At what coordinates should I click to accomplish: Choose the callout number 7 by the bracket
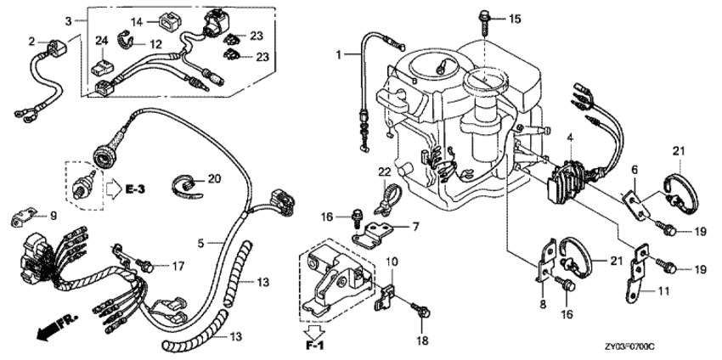pos(416,228)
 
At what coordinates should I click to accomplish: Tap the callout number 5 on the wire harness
pos(200,243)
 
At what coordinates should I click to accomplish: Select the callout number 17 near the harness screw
pos(178,266)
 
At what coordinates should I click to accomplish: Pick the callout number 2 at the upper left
pos(31,41)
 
